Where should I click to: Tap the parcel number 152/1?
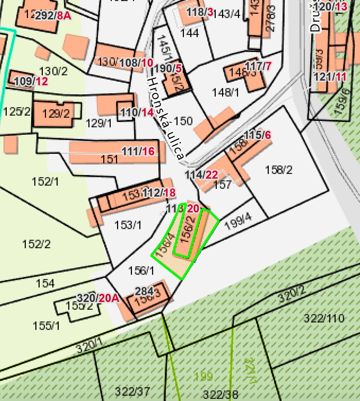45,182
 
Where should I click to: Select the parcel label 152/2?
36,244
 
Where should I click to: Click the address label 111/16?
138,151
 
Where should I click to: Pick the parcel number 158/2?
279,170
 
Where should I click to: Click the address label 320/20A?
98,298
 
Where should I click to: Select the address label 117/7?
258,66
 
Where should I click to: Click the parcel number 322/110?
324,318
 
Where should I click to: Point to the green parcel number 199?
203,376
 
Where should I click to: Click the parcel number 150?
184,121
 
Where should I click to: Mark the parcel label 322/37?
132,391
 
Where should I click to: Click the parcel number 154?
45,283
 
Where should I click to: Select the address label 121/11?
330,77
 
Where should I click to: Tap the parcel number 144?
190,33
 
